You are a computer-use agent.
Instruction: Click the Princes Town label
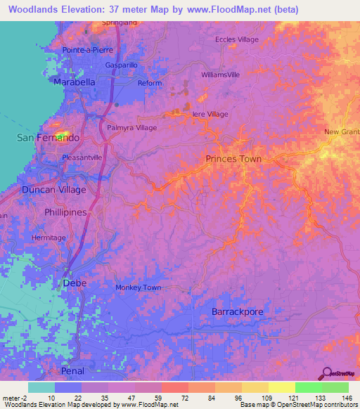click(x=233, y=159)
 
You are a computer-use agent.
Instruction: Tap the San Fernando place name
click(x=48, y=138)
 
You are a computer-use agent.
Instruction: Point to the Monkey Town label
click(x=138, y=287)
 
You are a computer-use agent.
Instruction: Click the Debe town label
click(x=75, y=283)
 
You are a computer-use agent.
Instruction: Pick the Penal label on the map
click(x=72, y=370)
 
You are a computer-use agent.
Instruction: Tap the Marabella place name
click(x=75, y=82)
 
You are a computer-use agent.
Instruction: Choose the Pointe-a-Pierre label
click(x=89, y=50)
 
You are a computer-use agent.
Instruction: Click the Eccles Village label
click(x=237, y=39)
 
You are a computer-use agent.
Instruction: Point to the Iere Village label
click(x=210, y=114)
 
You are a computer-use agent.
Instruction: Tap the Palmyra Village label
click(x=131, y=128)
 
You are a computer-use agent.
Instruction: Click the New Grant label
click(x=341, y=132)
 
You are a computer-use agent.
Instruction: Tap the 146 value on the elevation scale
click(x=346, y=397)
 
